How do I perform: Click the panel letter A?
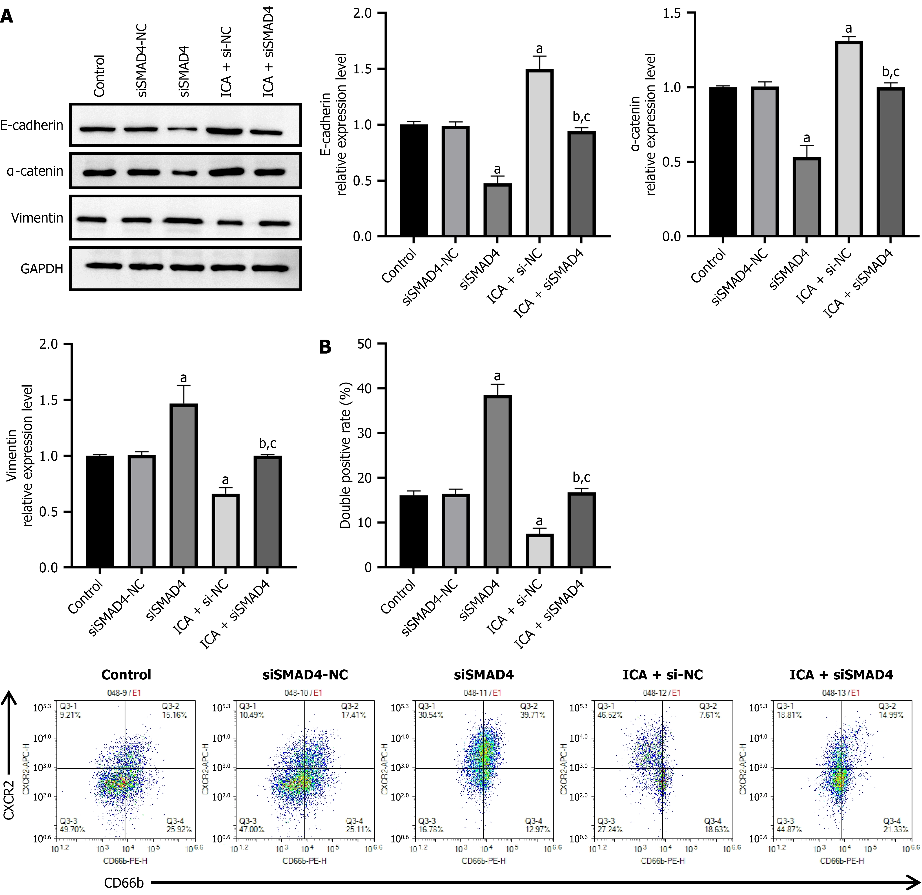[7, 17]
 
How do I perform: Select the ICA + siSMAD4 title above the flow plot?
[841, 675]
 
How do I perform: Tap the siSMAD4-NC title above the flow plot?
[305, 675]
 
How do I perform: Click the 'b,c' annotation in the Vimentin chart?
[268, 443]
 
